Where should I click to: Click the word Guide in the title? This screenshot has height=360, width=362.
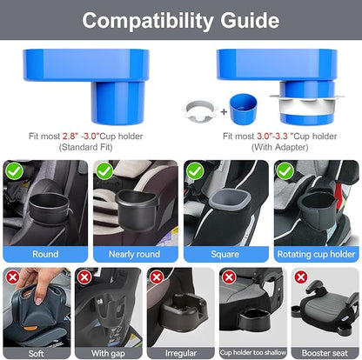pyautogui.click(x=250, y=21)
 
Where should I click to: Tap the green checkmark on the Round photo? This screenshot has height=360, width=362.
pyautogui.click(x=14, y=171)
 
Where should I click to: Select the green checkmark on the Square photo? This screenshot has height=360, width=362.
pyautogui.click(x=195, y=171)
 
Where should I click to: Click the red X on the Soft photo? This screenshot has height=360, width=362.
pyautogui.click(x=13, y=277)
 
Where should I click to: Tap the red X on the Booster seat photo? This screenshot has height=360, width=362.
pyautogui.click(x=301, y=277)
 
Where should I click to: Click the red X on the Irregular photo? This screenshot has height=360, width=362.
pyautogui.click(x=157, y=277)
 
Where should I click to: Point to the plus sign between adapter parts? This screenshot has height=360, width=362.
pyautogui.click(x=224, y=111)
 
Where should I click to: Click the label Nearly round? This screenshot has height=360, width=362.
pyautogui.click(x=134, y=254)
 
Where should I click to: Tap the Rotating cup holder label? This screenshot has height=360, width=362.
pyautogui.click(x=316, y=254)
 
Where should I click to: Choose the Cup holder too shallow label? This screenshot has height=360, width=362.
pyautogui.click(x=253, y=352)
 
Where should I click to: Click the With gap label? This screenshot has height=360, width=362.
pyautogui.click(x=108, y=353)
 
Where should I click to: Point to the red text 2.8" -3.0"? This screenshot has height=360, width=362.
pyautogui.click(x=81, y=136)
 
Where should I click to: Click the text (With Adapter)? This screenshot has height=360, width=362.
pyautogui.click(x=279, y=147)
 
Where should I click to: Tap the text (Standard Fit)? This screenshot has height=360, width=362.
pyautogui.click(x=85, y=147)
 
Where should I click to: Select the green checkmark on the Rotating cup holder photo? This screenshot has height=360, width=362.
pyautogui.click(x=285, y=171)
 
